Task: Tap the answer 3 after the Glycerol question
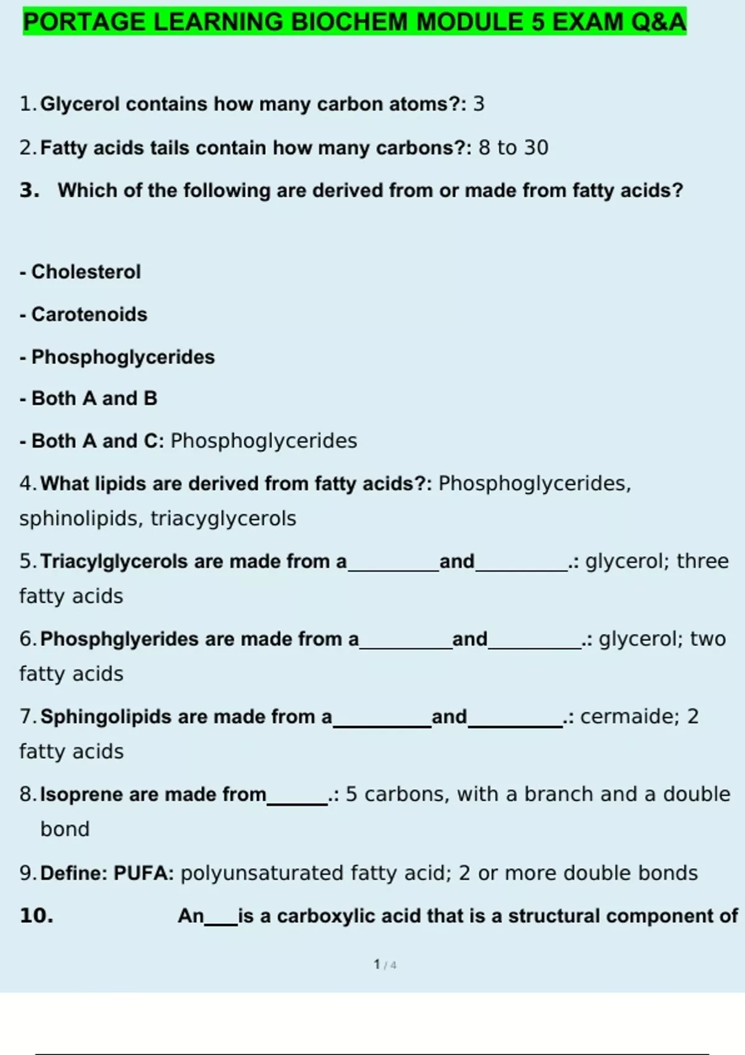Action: coord(479,104)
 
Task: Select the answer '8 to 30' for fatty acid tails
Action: coord(513,148)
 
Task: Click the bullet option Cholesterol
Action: coord(86,272)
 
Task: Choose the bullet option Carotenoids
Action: coord(89,315)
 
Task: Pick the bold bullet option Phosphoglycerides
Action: coord(123,357)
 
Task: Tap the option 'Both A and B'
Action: coord(94,398)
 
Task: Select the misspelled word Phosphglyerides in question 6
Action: coord(119,639)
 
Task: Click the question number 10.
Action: coord(37,916)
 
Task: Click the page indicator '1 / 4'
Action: coord(385,964)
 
